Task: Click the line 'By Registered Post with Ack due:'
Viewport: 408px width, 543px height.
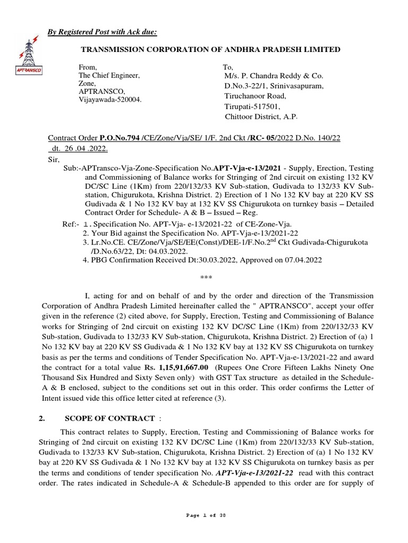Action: pyautogui.click(x=102, y=32)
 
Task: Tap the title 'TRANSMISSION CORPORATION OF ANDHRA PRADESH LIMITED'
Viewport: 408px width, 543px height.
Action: pyautogui.click(x=210, y=49)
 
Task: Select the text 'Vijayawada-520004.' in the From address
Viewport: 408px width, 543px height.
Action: pyautogui.click(x=110, y=100)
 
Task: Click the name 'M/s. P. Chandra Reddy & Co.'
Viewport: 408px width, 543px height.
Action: pyautogui.click(x=274, y=76)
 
